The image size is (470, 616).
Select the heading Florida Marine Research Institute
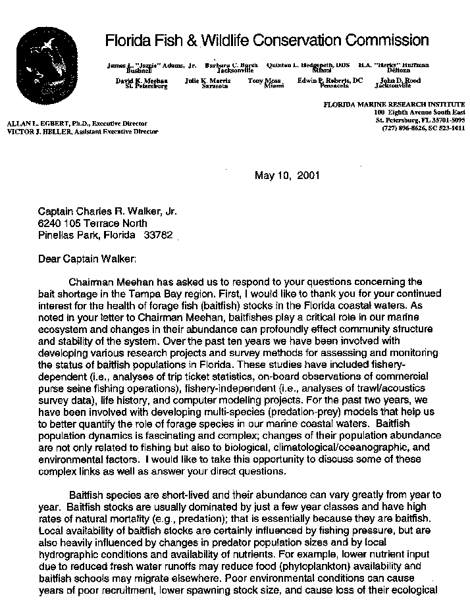[x=394, y=105]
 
